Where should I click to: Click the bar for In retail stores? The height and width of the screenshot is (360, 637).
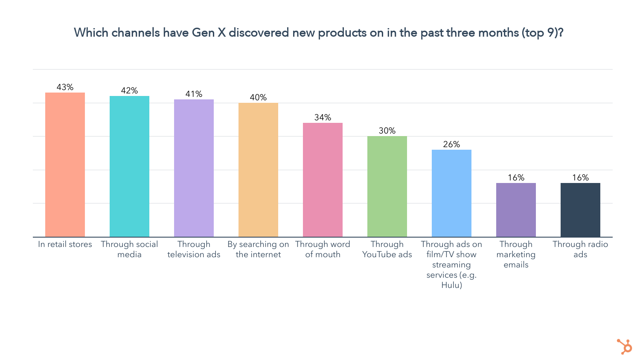(65, 165)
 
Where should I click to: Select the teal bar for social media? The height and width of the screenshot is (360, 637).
(129, 166)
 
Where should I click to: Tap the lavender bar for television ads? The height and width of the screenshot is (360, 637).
(194, 168)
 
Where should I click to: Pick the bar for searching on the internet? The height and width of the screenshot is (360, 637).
(258, 170)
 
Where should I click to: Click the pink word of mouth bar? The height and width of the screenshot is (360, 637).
(323, 180)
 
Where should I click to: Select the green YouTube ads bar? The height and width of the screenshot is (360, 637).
(387, 186)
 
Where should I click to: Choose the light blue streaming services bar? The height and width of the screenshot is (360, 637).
(451, 193)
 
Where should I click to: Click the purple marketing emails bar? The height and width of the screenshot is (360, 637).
(516, 210)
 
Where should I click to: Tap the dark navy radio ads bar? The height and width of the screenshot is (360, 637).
(580, 210)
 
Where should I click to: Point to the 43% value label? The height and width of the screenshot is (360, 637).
(65, 87)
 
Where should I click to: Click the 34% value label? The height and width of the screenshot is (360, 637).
(323, 117)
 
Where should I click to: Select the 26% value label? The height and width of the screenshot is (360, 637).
(451, 144)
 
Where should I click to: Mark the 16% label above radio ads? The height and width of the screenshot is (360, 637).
(580, 177)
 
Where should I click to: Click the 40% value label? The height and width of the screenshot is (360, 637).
(258, 97)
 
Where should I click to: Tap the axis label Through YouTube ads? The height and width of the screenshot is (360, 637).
(387, 250)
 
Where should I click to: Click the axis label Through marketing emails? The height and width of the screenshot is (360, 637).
(516, 255)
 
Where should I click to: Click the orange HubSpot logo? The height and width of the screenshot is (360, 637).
(625, 346)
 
